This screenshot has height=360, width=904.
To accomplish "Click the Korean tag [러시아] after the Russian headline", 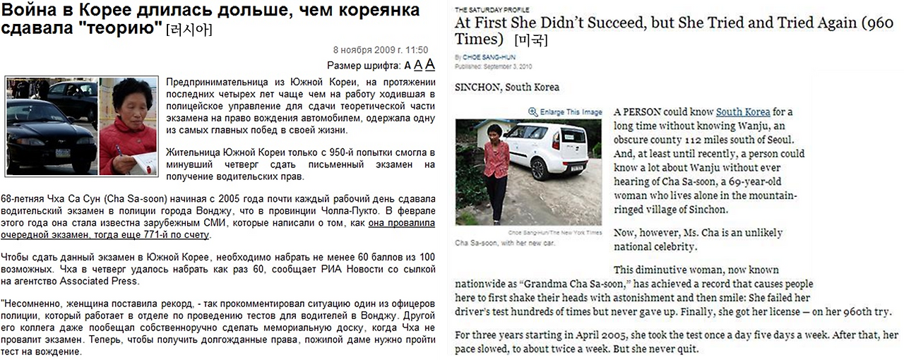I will tap(189, 30).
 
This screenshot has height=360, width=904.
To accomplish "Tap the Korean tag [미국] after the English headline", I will tap(531, 40).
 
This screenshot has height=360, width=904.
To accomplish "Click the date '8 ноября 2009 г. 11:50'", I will tap(381, 50).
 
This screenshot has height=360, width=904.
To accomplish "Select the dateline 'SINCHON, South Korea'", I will tap(507, 88).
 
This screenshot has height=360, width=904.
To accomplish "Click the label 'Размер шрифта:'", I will tap(364, 66).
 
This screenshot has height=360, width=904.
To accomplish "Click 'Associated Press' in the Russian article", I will tap(100, 281).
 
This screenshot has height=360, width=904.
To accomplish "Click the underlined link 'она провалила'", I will tap(402, 223).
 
